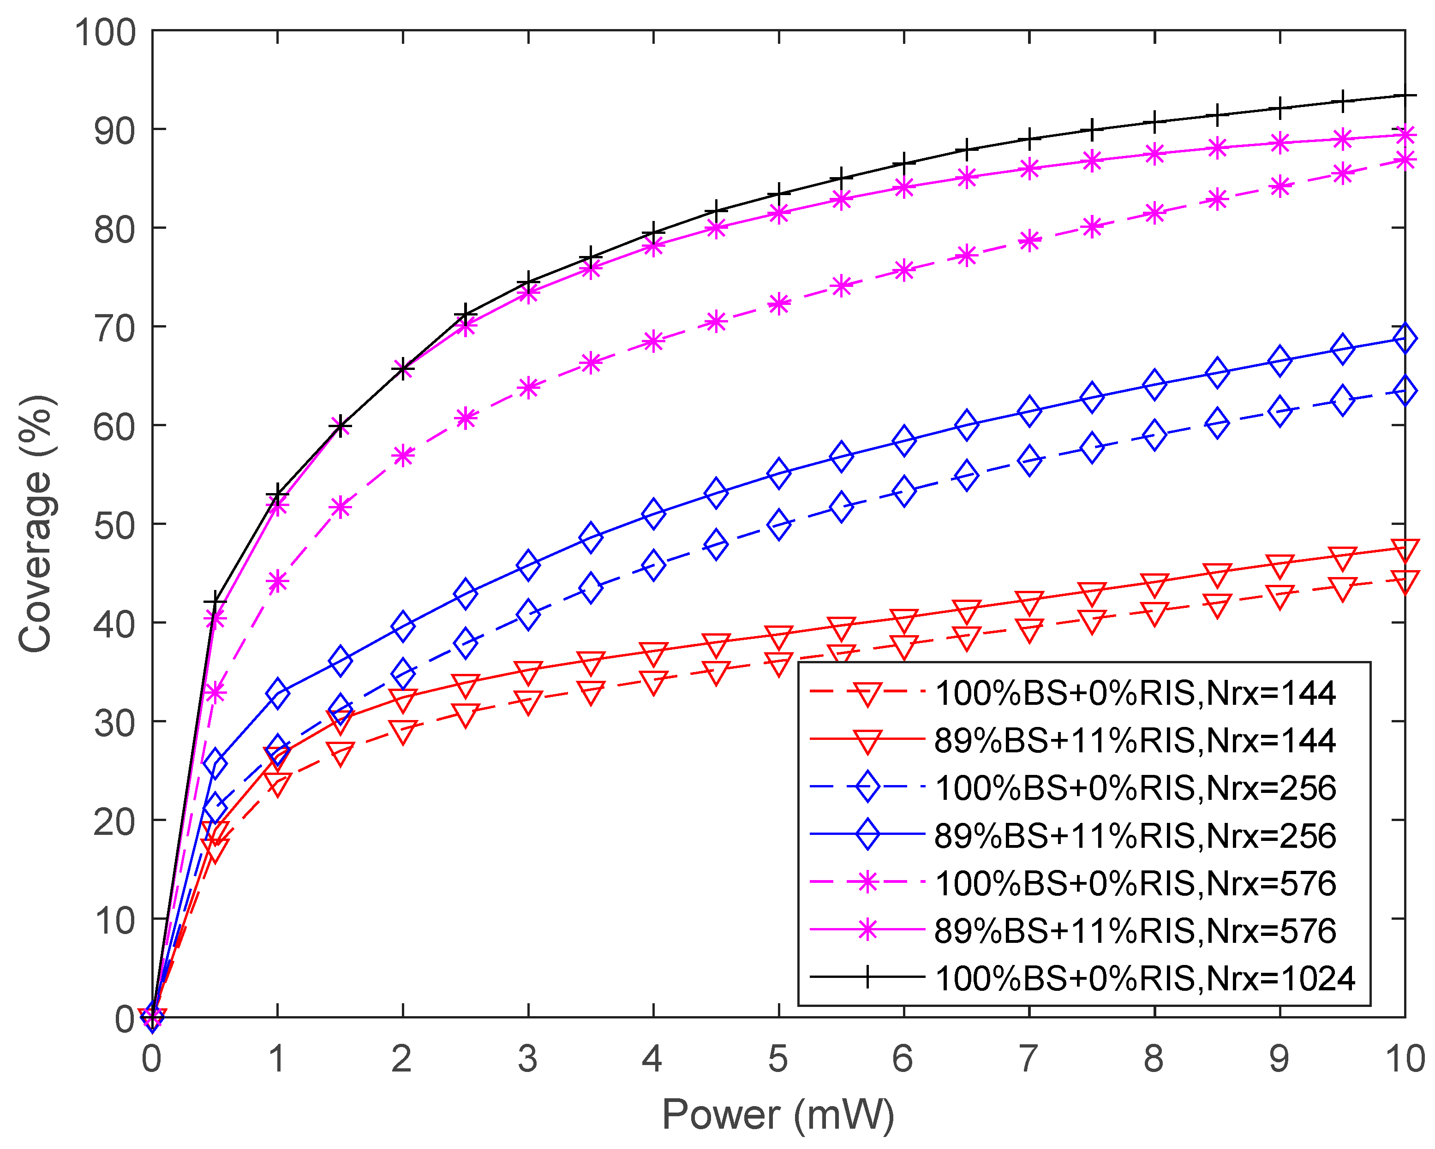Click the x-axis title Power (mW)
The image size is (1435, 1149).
tap(777, 1114)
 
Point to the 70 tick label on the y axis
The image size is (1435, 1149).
tap(114, 327)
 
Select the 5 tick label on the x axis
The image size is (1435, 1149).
tap(777, 1059)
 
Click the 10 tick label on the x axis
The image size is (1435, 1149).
tap(1405, 1059)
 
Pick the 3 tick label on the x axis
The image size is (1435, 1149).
tap(527, 1059)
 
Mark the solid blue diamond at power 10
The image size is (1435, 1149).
tap(1405, 338)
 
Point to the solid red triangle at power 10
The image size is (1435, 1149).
tap(1405, 549)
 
